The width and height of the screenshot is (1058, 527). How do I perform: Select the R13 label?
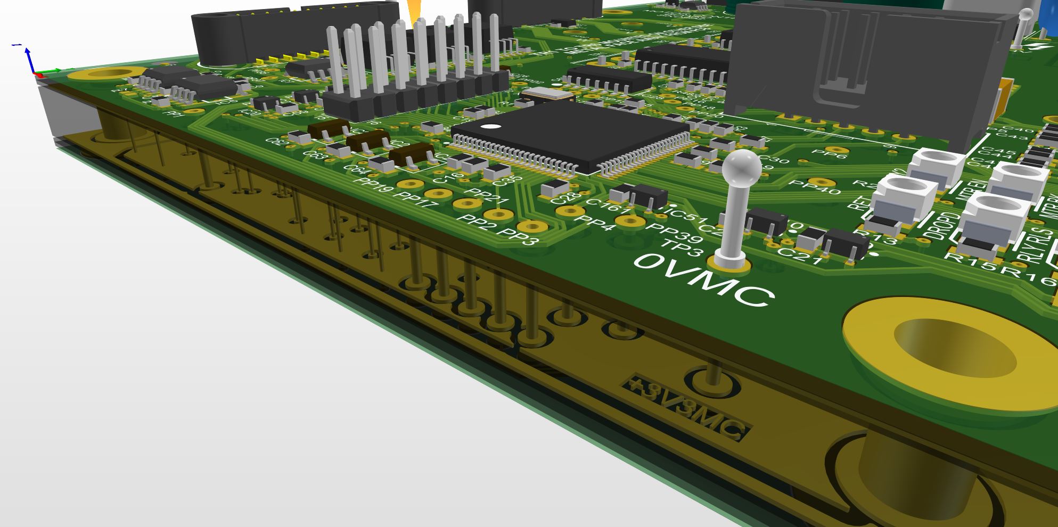(881, 237)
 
